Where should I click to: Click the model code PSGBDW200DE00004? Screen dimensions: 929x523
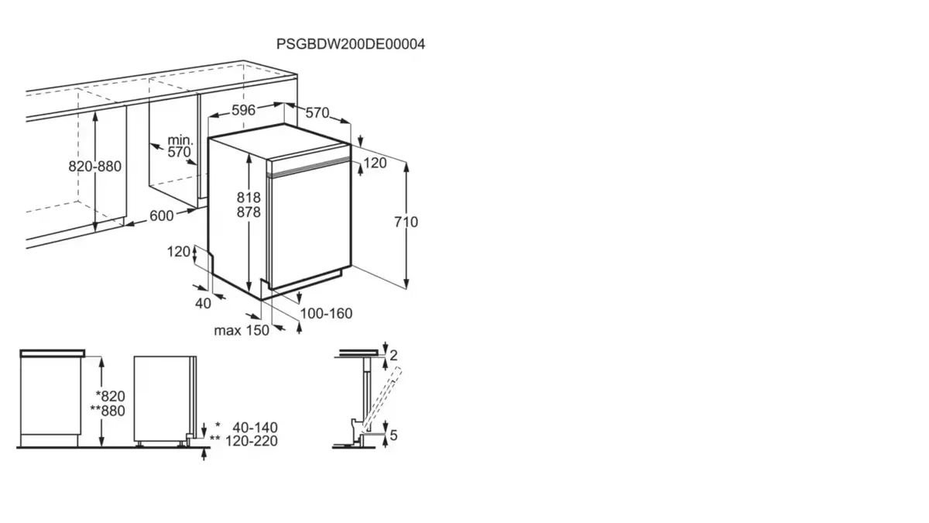[x=351, y=44]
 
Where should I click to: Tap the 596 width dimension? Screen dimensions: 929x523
[x=243, y=110]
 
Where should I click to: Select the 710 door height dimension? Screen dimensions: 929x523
[x=406, y=222]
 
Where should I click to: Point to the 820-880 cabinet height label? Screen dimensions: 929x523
[x=94, y=167]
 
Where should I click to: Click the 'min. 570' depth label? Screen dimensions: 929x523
[x=180, y=146]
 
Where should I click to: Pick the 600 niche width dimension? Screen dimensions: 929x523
[x=161, y=216]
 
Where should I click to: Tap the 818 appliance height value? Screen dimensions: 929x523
[x=249, y=197]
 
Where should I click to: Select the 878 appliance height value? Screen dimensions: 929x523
[x=249, y=212]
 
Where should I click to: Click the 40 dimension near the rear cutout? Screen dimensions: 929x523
[x=203, y=304]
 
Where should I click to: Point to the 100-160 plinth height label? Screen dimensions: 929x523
[x=326, y=313]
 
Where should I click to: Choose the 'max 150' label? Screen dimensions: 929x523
[x=242, y=330]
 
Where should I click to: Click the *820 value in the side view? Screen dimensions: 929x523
[x=110, y=396]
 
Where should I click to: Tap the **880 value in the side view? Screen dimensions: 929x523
[x=108, y=411]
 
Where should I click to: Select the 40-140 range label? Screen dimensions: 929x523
[x=255, y=428]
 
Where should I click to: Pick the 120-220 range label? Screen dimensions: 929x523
[x=252, y=441]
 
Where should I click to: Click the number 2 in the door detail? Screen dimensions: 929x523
[x=393, y=356]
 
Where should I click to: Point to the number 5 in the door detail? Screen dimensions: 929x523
[x=393, y=435]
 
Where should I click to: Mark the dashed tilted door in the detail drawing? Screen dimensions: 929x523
[x=382, y=399]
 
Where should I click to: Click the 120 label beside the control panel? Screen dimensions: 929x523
[x=375, y=163]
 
